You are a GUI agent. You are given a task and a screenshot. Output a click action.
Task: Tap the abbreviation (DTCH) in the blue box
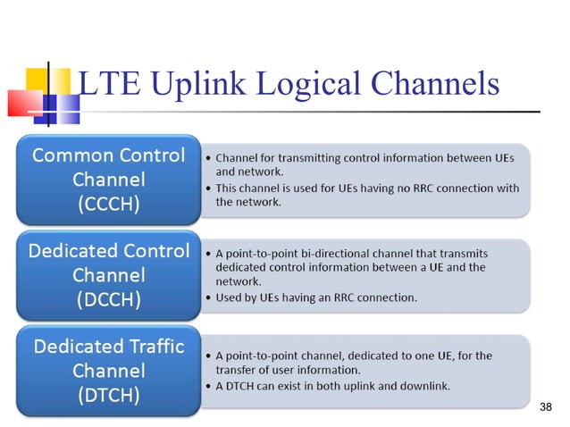click(107, 394)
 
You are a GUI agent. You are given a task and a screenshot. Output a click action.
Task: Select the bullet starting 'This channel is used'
click(366, 195)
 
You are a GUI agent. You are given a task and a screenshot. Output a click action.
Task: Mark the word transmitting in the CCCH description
click(298, 157)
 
